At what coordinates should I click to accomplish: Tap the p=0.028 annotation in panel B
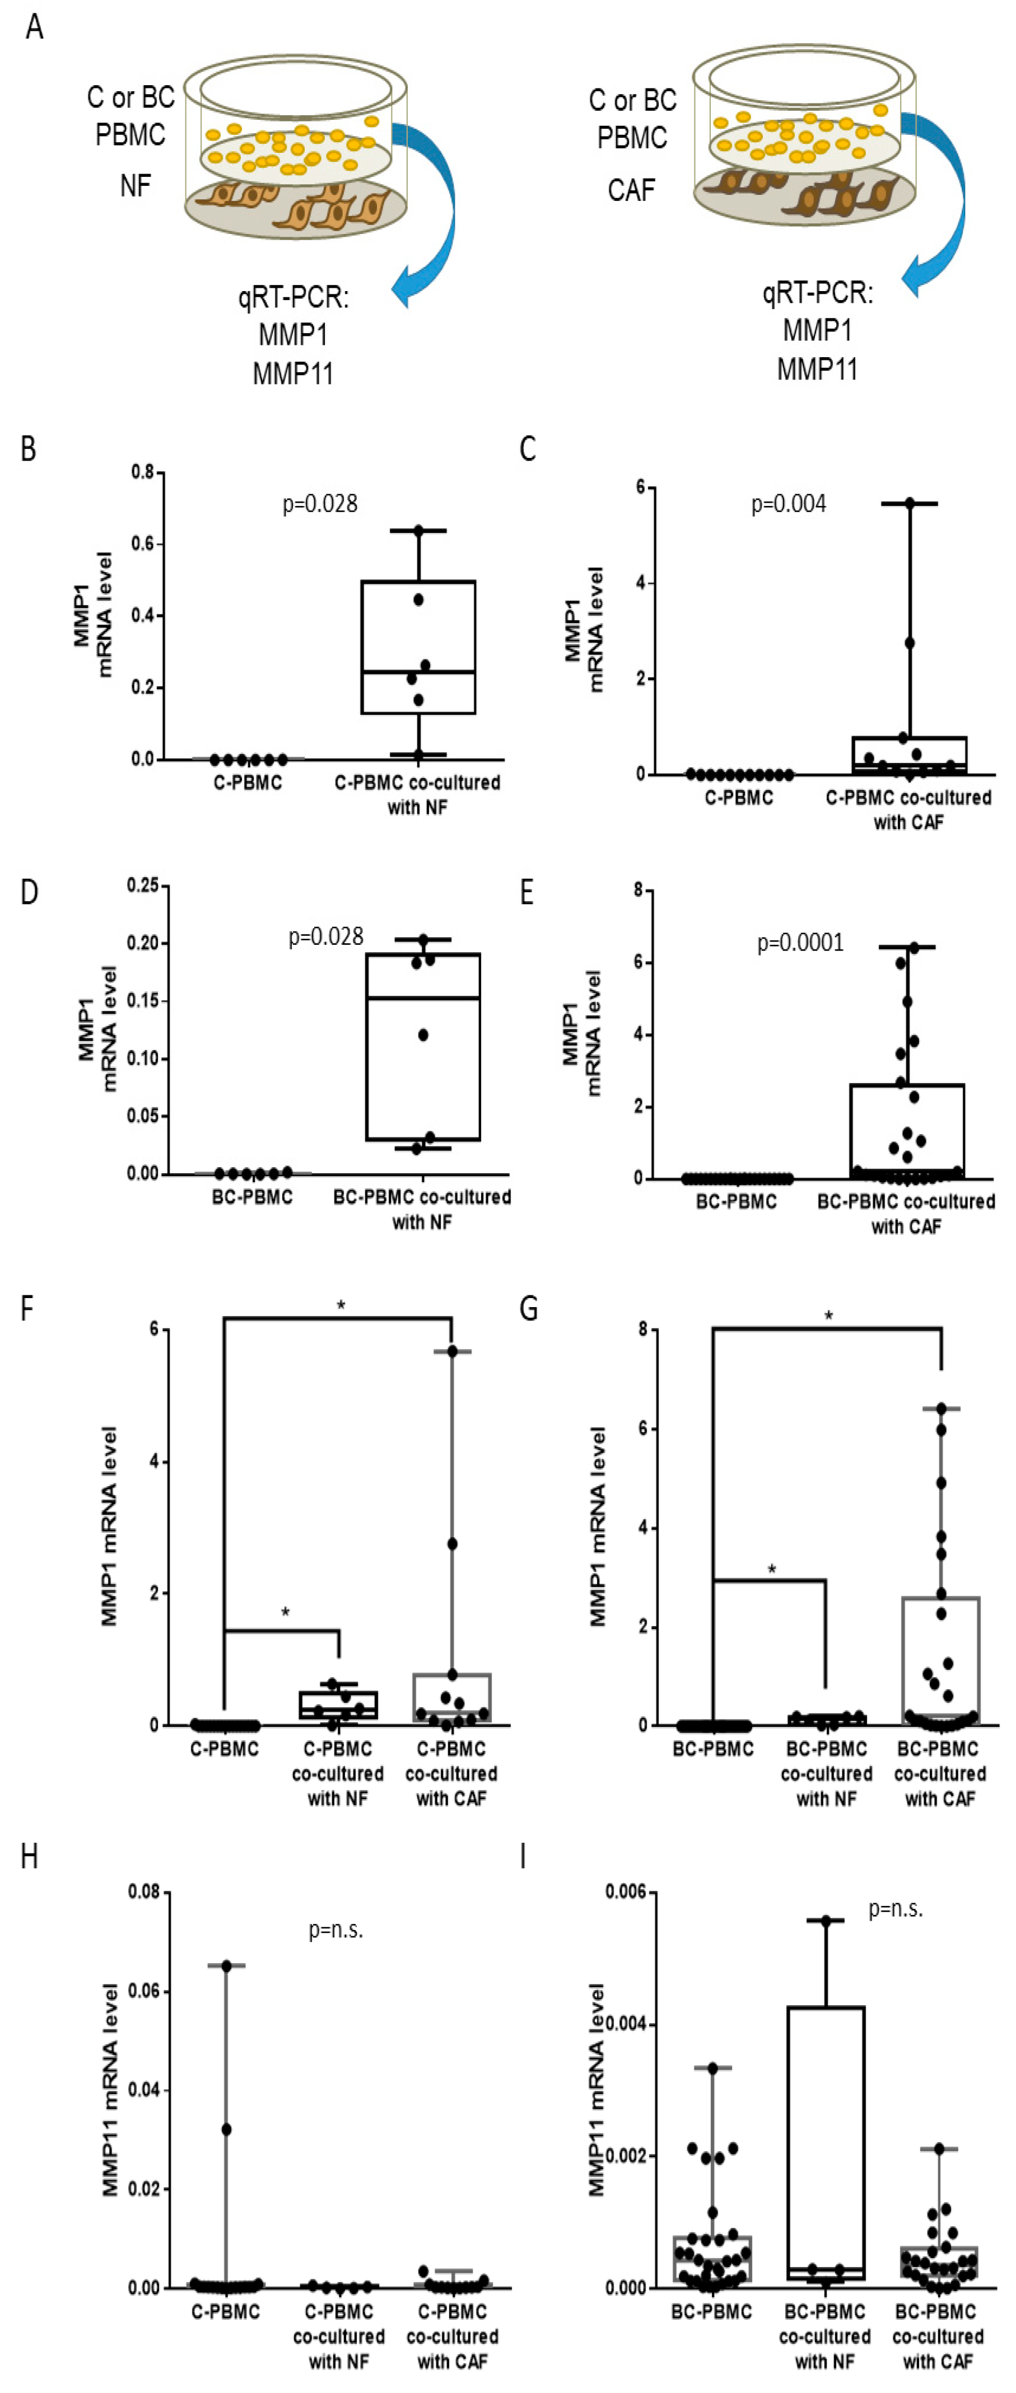tap(320, 503)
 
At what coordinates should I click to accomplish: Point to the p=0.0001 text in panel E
tap(800, 943)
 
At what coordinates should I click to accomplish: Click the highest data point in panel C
tap(909, 503)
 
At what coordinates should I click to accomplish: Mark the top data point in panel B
tap(418, 531)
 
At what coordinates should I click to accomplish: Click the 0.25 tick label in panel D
tap(142, 886)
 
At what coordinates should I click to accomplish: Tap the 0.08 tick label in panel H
tap(144, 1893)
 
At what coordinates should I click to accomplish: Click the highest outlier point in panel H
tap(226, 1966)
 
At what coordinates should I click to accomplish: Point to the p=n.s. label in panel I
tap(895, 1909)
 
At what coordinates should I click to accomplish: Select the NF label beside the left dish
tap(136, 186)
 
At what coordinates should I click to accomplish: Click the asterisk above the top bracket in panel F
tap(341, 1306)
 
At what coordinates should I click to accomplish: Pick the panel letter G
tap(529, 1309)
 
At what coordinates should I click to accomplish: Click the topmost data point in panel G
tap(941, 1409)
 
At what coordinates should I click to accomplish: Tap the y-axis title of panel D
tap(97, 1028)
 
